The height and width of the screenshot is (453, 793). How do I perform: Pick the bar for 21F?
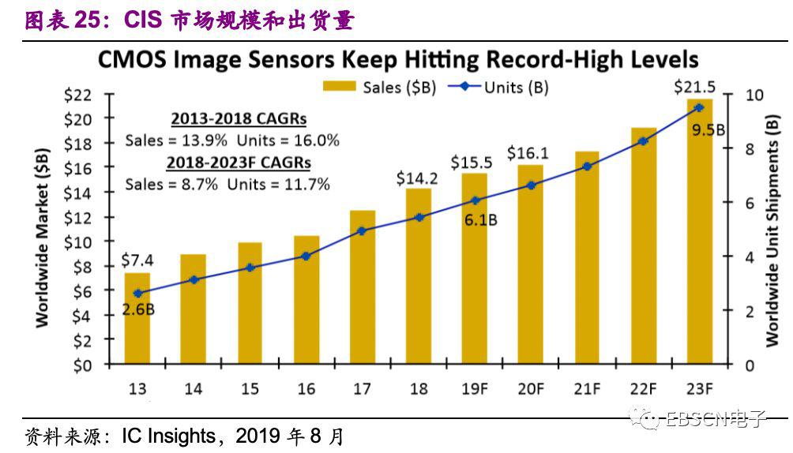587,260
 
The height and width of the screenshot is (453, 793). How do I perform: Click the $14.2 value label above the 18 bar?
416,178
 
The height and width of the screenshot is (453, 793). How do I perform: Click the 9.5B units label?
708,129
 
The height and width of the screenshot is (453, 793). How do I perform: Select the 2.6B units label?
138,309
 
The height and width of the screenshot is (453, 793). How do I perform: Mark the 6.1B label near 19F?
480,220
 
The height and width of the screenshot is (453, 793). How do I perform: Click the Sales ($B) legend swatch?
339,87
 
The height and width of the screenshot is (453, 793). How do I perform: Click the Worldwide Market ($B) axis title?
42,235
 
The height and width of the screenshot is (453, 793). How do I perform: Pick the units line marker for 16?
306,256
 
